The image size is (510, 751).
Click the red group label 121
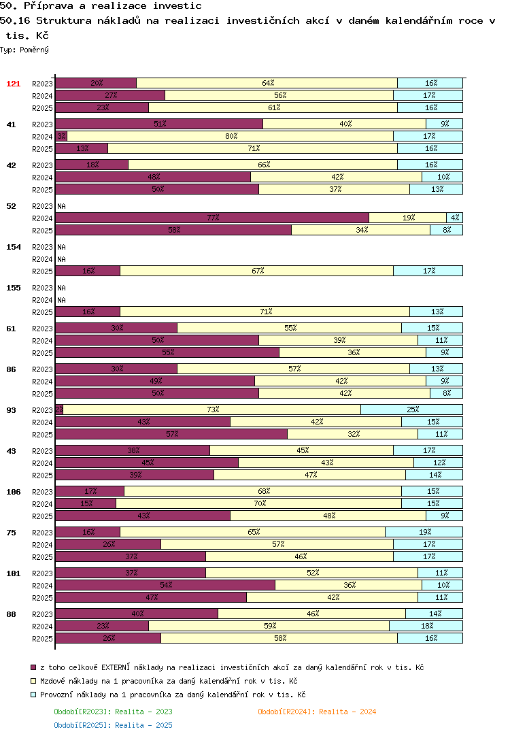(14, 84)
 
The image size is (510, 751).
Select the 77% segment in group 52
(212, 218)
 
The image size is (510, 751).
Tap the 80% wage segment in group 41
(231, 137)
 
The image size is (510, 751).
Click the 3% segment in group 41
(61, 137)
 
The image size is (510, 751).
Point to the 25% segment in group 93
(412, 410)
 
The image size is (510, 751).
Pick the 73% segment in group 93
(212, 410)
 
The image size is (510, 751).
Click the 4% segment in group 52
(454, 218)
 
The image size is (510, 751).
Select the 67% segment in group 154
(256, 271)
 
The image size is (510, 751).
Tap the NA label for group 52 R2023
(61, 206)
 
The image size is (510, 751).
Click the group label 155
(14, 288)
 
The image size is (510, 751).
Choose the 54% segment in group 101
(165, 585)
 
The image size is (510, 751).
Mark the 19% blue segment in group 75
(424, 532)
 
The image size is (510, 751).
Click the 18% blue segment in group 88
(426, 626)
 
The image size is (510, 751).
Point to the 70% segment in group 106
(259, 503)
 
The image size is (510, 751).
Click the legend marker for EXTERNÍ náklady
(33, 667)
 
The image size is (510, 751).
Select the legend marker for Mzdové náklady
(33, 680)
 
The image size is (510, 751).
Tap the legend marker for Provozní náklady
(33, 695)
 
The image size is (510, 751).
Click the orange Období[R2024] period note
(317, 712)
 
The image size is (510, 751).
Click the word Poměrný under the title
(34, 50)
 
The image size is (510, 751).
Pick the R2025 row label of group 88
(42, 639)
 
